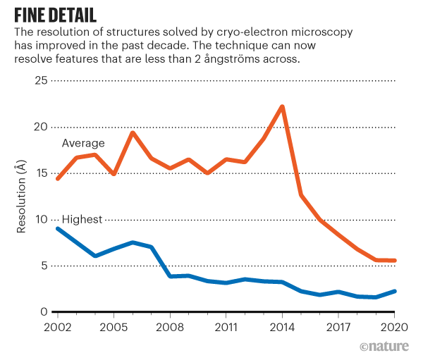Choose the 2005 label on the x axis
point(114,328)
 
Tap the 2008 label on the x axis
point(170,328)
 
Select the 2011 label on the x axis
point(226,328)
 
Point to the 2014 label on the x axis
point(282,328)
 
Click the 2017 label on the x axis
point(338,328)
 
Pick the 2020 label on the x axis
point(394,328)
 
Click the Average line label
point(83,144)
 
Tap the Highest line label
point(82,220)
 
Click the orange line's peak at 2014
point(282,107)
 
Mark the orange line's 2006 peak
point(133,132)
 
